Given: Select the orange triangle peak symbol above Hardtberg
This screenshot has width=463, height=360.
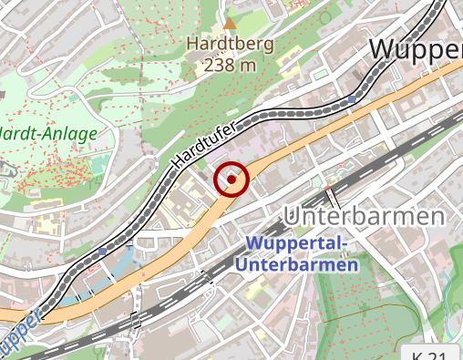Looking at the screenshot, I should (230, 22).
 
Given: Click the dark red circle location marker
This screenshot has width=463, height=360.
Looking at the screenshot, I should (232, 180).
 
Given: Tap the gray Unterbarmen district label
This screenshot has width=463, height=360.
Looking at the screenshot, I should (364, 217).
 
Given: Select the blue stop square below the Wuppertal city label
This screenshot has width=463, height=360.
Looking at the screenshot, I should (353, 98).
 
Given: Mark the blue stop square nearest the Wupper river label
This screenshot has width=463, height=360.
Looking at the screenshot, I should (101, 249).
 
